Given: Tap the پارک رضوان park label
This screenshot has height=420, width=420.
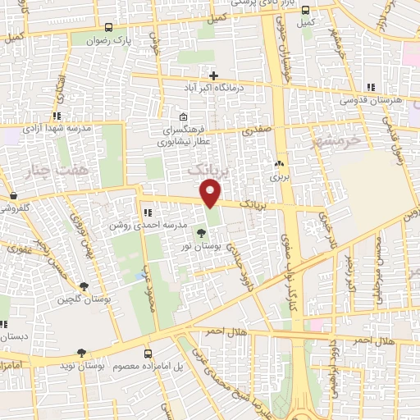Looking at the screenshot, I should (110, 39).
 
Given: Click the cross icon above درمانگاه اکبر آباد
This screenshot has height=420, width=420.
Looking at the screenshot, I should (213, 75).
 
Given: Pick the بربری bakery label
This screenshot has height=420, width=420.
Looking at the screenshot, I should (278, 176).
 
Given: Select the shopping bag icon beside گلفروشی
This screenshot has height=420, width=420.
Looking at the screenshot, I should (15, 195).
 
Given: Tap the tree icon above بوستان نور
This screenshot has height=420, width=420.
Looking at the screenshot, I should (202, 233).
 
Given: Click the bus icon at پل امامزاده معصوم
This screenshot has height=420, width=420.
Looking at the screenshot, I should (148, 354).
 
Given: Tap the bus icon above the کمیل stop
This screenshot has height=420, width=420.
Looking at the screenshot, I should (305, 11).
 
